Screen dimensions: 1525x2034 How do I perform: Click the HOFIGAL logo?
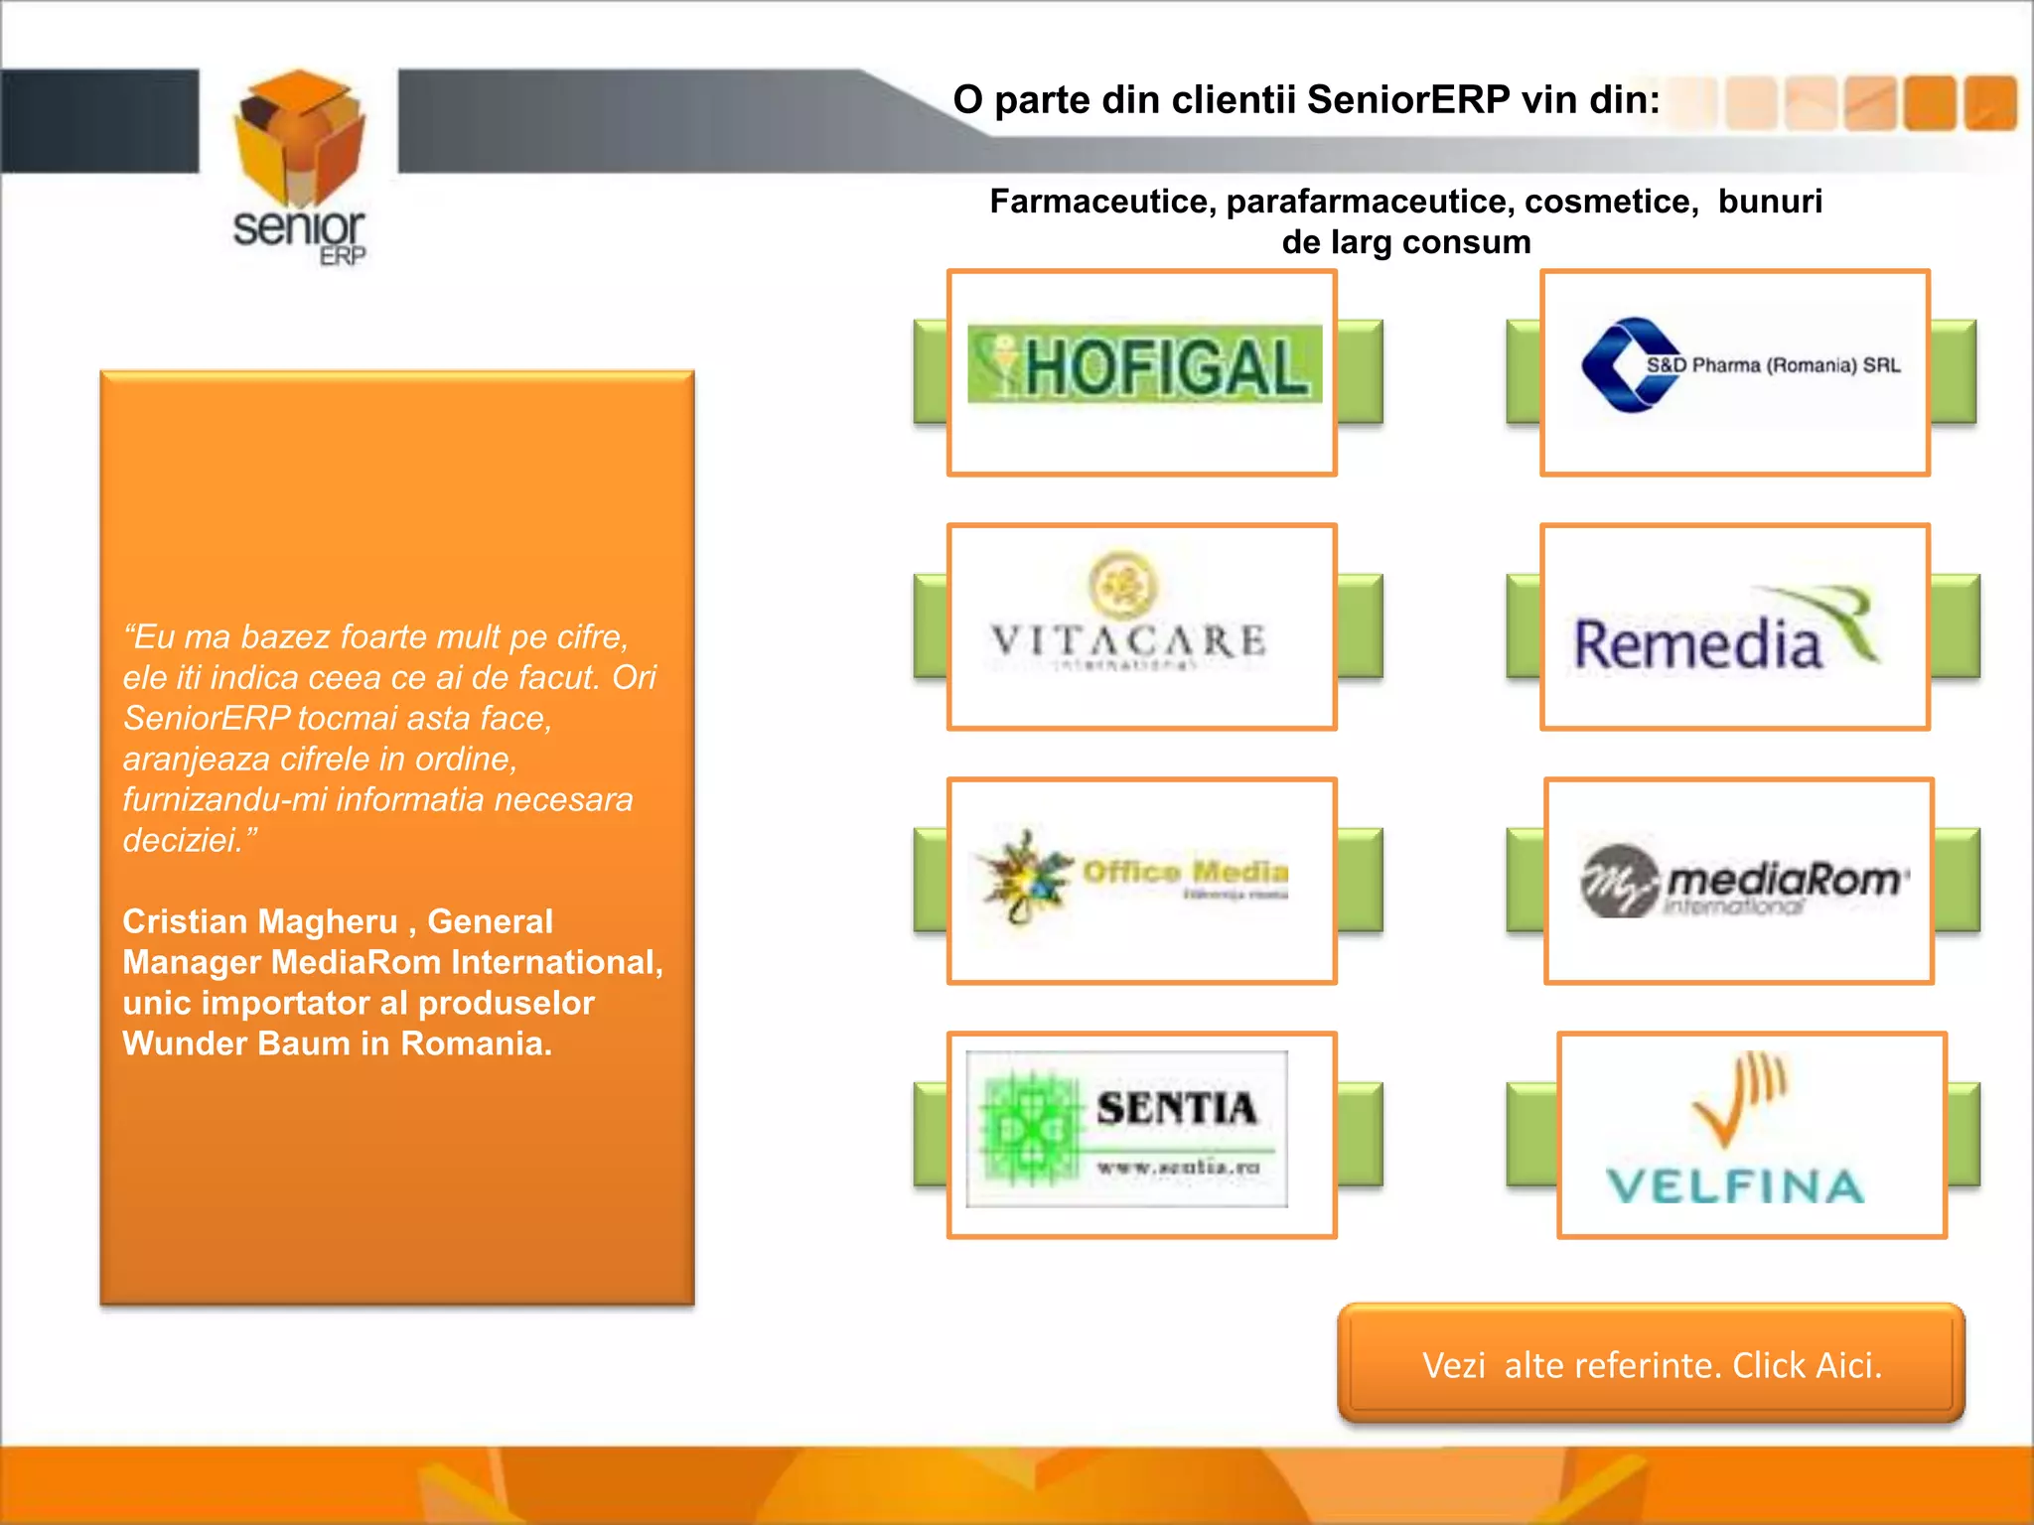click(1144, 364)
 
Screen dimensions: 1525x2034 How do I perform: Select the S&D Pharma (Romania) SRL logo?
click(1740, 365)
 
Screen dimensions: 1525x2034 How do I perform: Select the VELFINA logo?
click(1737, 1132)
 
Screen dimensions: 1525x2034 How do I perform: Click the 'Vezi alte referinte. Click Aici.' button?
click(1651, 1365)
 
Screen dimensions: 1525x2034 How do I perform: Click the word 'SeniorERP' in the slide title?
click(1408, 100)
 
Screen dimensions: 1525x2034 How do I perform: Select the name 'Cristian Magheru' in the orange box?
click(260, 921)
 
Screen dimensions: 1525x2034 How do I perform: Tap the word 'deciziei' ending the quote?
click(183, 841)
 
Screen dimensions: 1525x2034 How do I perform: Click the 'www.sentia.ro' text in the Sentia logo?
click(1178, 1167)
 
